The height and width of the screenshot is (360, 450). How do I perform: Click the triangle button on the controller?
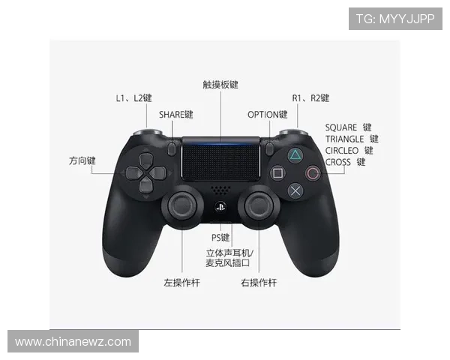(295, 155)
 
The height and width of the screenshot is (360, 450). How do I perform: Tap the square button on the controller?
(277, 173)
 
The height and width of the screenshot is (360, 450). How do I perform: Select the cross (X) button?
(295, 190)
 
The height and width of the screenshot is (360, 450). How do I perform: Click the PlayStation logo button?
(220, 207)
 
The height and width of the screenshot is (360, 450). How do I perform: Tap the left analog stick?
(182, 206)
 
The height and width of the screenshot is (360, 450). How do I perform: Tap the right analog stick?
(259, 206)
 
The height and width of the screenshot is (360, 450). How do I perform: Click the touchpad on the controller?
(220, 159)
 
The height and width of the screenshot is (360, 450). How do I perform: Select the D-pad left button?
(134, 173)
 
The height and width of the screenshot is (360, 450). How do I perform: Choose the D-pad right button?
(157, 173)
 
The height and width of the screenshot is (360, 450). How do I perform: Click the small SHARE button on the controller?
(172, 148)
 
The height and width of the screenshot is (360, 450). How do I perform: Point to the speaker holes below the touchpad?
(220, 190)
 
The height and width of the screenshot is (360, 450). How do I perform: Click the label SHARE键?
(176, 115)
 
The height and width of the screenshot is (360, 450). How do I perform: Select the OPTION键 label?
(268, 115)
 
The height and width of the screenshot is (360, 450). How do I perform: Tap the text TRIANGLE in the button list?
(344, 139)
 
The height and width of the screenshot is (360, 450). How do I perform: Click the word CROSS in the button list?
(337, 162)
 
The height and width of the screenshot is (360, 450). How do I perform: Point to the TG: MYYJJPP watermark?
(395, 19)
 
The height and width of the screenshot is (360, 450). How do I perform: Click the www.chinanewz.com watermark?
(73, 342)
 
